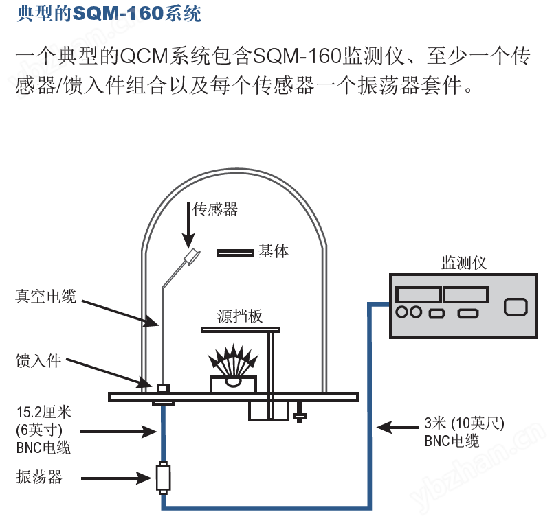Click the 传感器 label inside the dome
tap(215, 209)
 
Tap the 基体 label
tap(273, 251)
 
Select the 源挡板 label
tap(240, 316)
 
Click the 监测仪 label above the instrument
tap(464, 263)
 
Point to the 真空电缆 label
tap(45, 296)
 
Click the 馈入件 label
tap(38, 361)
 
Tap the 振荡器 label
tap(39, 477)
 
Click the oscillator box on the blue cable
tap(163, 478)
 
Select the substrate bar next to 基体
tap(235, 253)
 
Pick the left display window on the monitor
tap(419, 294)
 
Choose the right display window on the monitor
tap(467, 294)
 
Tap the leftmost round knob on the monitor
tap(402, 312)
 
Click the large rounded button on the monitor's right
tap(516, 307)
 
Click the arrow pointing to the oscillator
tap(117, 478)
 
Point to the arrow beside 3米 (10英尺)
tap(398, 428)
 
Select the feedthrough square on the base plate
tap(163, 388)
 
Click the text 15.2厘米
tap(44, 412)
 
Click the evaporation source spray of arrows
tap(233, 360)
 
